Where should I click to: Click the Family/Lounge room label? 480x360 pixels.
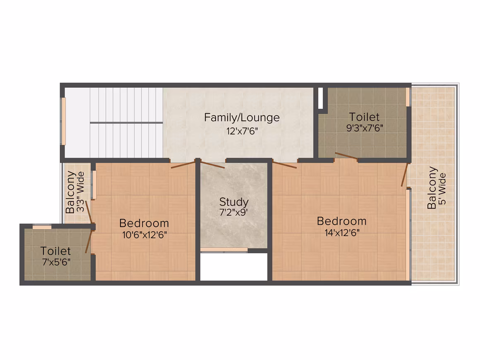(242, 118)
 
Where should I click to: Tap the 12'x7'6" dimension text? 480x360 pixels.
(242, 131)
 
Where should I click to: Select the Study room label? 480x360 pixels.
(234, 202)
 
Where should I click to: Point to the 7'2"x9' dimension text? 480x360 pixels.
(233, 212)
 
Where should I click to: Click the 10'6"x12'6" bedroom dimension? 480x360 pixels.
(144, 235)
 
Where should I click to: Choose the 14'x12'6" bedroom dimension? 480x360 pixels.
(342, 233)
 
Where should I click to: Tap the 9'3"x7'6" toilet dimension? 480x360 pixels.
(365, 127)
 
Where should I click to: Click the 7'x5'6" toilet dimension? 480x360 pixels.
(56, 262)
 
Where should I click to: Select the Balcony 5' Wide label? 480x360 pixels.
(437, 188)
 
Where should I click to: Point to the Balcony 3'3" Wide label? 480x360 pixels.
(75, 192)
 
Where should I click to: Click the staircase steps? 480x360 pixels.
(126, 123)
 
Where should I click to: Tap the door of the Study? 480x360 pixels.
(213, 164)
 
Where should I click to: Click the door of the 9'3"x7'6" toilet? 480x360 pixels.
(346, 156)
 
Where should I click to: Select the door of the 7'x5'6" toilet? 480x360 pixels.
(89, 242)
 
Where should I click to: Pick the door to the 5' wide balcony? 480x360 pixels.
(405, 175)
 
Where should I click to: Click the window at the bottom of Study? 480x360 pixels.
(224, 250)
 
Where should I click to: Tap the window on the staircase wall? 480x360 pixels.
(63, 121)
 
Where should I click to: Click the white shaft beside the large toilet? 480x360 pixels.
(321, 98)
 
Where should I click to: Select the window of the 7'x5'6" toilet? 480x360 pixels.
(42, 227)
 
